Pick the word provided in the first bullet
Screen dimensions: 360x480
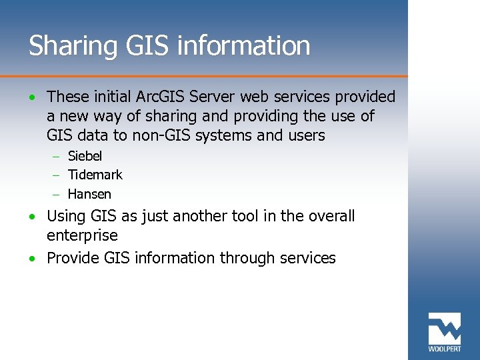coord(364,97)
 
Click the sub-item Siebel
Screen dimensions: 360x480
coord(85,157)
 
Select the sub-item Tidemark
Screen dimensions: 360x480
coord(95,175)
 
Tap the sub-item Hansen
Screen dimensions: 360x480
coord(89,195)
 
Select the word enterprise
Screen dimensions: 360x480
coord(82,236)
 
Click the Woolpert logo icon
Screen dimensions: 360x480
coord(444,328)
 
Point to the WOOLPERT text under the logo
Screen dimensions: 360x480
coord(444,349)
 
